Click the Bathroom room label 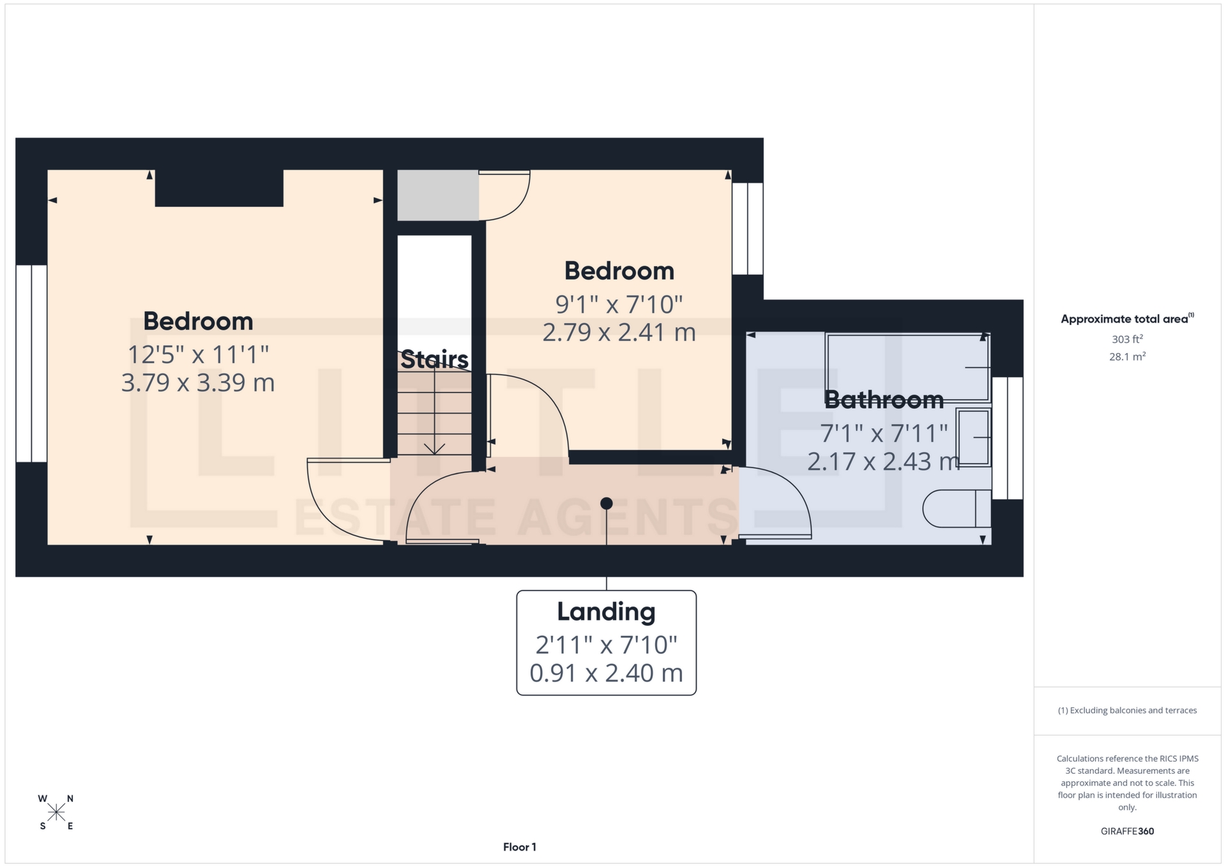(884, 400)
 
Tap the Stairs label (434, 359)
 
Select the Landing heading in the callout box (606, 612)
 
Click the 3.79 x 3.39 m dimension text (198, 383)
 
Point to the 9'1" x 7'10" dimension (619, 305)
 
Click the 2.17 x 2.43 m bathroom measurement (884, 462)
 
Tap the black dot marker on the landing (607, 504)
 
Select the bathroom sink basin (973, 437)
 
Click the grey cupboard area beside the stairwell (438, 195)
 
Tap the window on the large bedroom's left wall (31, 363)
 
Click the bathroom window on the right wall (1008, 438)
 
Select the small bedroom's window (747, 229)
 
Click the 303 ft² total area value (1127, 340)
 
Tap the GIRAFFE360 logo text (1127, 831)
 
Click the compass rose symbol (56, 812)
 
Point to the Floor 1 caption (519, 847)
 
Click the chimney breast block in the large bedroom (219, 188)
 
